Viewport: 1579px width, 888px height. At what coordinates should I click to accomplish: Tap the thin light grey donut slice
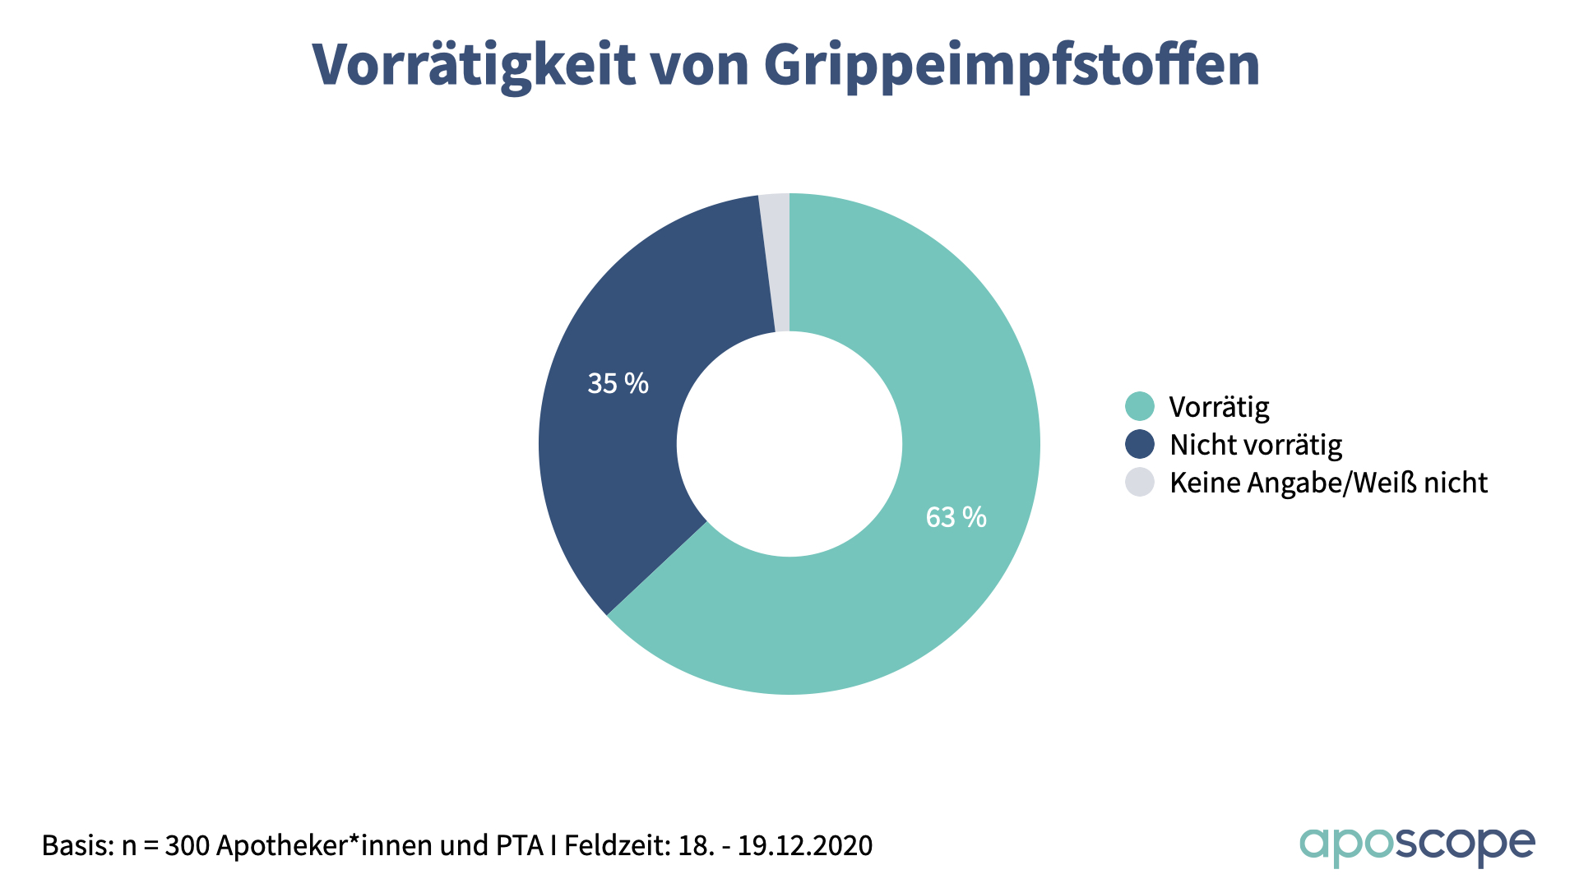click(776, 263)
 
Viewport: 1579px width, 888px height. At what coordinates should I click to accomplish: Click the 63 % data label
click(956, 517)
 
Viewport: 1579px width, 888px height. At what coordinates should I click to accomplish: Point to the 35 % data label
click(618, 383)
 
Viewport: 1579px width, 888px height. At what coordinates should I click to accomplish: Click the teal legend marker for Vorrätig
click(1140, 406)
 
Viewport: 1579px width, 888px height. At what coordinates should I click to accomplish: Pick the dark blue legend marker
click(1140, 444)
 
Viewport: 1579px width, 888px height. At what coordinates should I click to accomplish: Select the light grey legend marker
click(1140, 482)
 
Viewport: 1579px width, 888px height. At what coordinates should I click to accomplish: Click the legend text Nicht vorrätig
click(1256, 445)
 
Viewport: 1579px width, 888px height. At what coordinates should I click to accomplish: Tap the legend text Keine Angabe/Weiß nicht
click(1328, 483)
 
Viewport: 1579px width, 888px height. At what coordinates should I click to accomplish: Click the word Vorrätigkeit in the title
click(474, 64)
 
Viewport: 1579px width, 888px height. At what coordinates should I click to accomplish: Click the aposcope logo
click(1417, 845)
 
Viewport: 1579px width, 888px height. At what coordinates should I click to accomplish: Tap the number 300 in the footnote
click(188, 845)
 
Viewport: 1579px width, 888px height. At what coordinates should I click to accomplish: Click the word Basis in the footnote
click(77, 845)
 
